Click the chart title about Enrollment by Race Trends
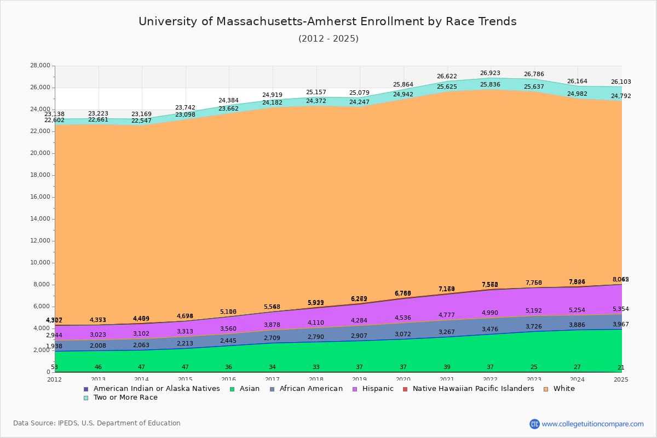click(327, 21)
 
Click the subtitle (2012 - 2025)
click(328, 39)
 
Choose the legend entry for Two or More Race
click(125, 397)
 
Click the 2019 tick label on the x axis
click(359, 379)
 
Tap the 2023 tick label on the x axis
click(534, 379)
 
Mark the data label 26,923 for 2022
click(491, 73)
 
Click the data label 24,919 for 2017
click(272, 95)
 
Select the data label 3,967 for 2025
click(621, 325)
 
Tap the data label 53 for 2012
click(54, 367)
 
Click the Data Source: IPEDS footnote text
click(97, 423)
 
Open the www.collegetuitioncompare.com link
click(592, 424)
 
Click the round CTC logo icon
click(534, 424)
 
